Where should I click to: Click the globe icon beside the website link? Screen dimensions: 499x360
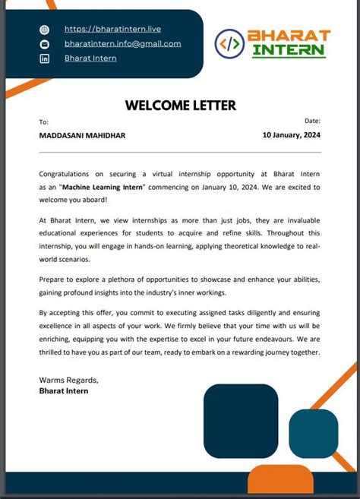(x=44, y=30)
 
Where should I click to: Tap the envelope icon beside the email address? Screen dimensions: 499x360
(x=44, y=44)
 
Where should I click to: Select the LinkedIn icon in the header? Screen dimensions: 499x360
(x=44, y=58)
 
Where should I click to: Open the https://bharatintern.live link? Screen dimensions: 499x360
(x=112, y=29)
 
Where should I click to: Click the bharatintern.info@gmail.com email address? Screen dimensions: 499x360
(x=122, y=43)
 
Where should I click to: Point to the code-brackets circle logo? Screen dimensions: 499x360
(x=229, y=44)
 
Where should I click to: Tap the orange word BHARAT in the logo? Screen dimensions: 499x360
(x=289, y=36)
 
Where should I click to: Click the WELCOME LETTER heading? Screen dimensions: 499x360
(x=180, y=106)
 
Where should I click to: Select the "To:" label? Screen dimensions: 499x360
(x=43, y=122)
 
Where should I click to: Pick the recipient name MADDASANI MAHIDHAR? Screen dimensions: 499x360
(x=82, y=135)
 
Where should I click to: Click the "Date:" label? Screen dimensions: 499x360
(x=312, y=121)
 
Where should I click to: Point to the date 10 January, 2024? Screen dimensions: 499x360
(x=292, y=135)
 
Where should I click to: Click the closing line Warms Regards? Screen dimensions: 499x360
(x=68, y=380)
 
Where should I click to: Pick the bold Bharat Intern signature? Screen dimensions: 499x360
(x=64, y=391)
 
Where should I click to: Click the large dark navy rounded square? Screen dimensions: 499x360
(x=241, y=421)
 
